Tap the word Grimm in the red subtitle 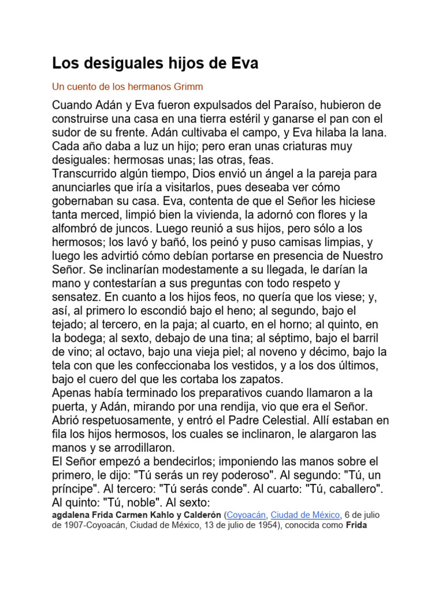click(187, 87)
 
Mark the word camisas click(302, 242)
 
